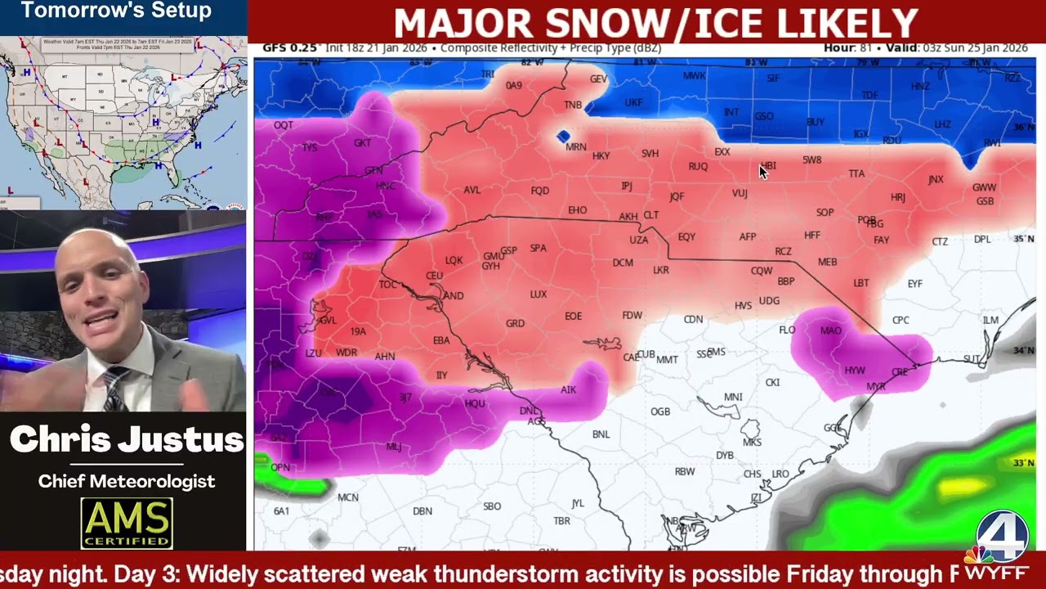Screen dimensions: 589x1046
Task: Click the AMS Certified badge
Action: (127, 523)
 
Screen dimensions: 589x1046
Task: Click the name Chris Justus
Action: (127, 440)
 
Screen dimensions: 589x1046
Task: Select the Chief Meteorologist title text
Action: (127, 481)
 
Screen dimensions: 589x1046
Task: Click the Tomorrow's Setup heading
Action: (116, 11)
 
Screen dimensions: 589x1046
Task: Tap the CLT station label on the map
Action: (650, 215)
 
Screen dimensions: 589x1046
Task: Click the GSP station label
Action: (508, 250)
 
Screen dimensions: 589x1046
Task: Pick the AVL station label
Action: (472, 190)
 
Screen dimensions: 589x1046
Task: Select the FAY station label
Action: (881, 241)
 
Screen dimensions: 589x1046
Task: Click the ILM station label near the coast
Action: (990, 320)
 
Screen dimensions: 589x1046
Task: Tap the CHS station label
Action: (752, 474)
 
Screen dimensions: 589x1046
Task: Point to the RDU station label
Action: (892, 140)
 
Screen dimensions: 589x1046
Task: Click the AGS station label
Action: (536, 421)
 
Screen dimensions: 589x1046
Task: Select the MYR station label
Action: (875, 387)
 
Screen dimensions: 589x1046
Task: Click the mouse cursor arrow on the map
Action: (763, 171)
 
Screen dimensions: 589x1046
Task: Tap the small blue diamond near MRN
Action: (563, 136)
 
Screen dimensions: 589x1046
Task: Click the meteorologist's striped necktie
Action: (115, 389)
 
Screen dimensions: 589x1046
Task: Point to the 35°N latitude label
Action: (1024, 239)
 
